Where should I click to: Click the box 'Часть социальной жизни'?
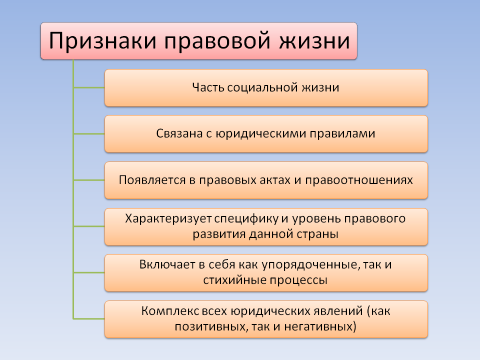pyautogui.click(x=266, y=88)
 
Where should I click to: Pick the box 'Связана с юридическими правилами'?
pyautogui.click(x=266, y=134)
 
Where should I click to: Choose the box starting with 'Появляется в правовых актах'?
pyautogui.click(x=266, y=181)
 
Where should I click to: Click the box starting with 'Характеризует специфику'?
pyautogui.click(x=266, y=226)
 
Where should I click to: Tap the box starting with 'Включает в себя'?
pyautogui.click(x=266, y=272)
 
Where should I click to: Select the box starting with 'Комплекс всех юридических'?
pyautogui.click(x=266, y=318)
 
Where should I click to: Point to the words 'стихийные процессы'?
pyautogui.click(x=266, y=280)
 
